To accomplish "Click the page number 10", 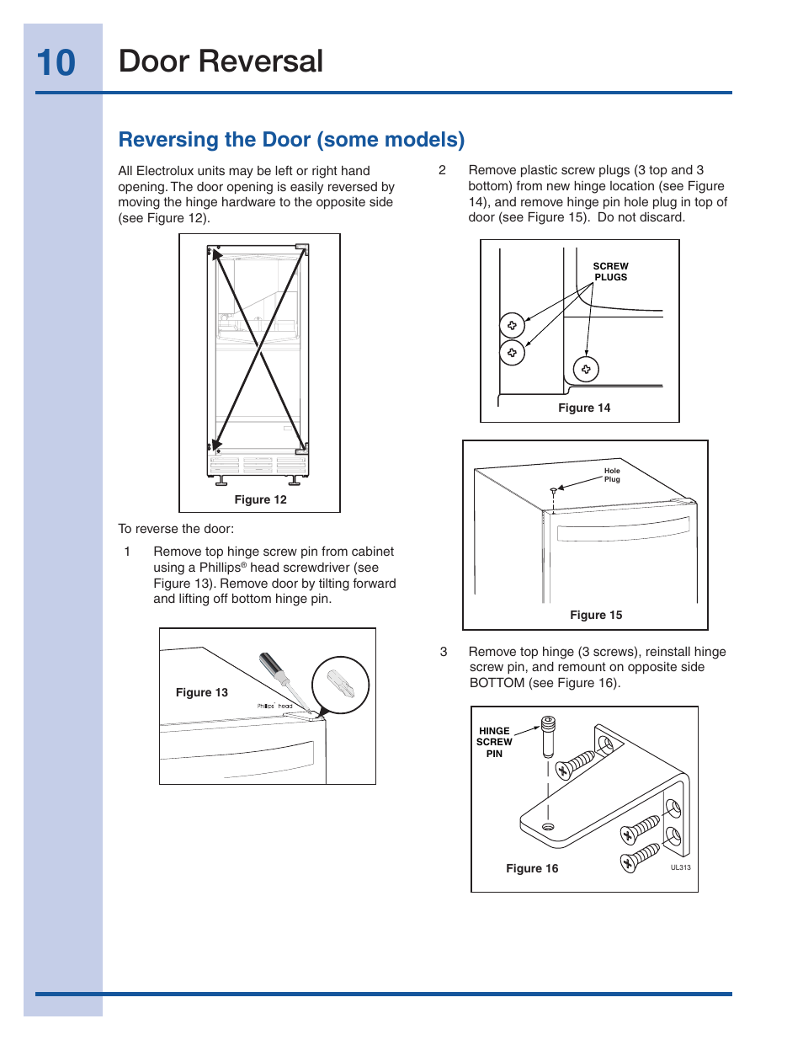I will pyautogui.click(x=56, y=63).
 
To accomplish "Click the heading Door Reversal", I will pyautogui.click(x=221, y=61).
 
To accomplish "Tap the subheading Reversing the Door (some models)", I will pyautogui.click(x=291, y=140).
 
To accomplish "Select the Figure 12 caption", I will pyautogui.click(x=260, y=499).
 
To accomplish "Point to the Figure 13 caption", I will pyautogui.click(x=202, y=692).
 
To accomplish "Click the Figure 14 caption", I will pyautogui.click(x=584, y=408).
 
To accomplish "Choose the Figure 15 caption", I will pyautogui.click(x=596, y=615).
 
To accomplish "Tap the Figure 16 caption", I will pyautogui.click(x=532, y=868).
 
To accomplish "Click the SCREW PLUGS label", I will pyautogui.click(x=610, y=271).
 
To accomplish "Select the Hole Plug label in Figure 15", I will pyautogui.click(x=612, y=475).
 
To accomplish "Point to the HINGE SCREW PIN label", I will pyautogui.click(x=494, y=743).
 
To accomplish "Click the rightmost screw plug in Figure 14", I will pyautogui.click(x=586, y=369).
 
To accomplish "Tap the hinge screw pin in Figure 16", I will pyautogui.click(x=548, y=735).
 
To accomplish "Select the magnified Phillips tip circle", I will pyautogui.click(x=341, y=685).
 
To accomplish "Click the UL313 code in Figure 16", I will pyautogui.click(x=680, y=867).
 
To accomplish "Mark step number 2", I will pyautogui.click(x=442, y=170).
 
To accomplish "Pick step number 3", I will pyautogui.click(x=444, y=652).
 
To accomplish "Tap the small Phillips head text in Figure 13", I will pyautogui.click(x=274, y=707).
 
